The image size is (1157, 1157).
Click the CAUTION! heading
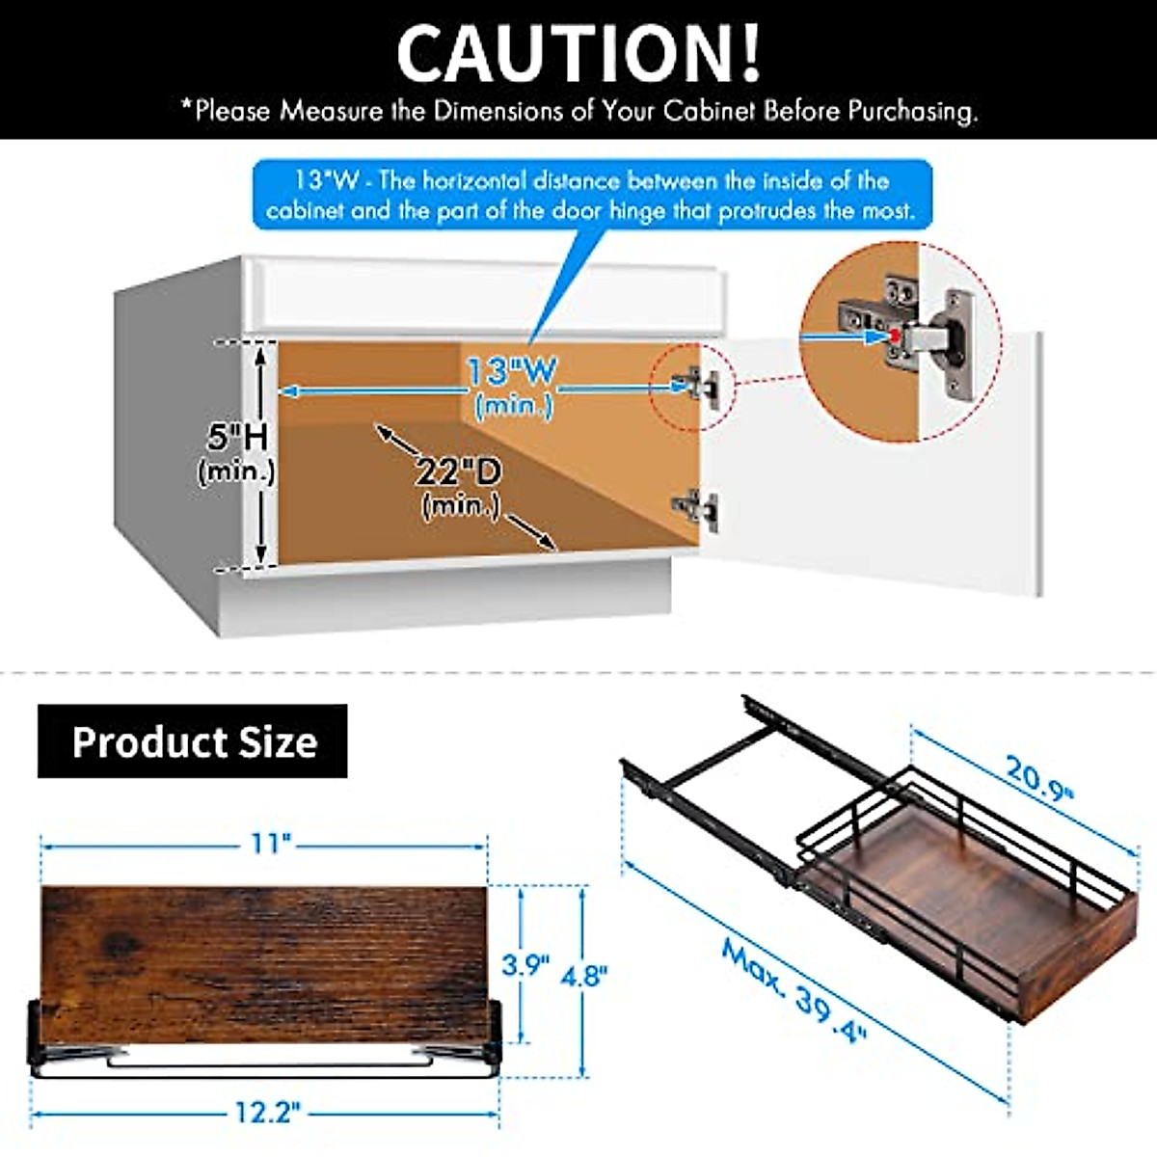coord(578,53)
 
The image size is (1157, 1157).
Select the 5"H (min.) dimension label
coord(237,452)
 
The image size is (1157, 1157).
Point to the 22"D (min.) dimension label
coord(460,486)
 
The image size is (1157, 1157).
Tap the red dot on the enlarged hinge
coord(896,336)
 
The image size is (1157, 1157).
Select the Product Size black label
coord(193,741)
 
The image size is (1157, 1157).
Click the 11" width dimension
coord(271,844)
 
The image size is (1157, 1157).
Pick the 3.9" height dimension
coord(525,964)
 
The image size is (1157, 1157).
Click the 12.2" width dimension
coord(268,1112)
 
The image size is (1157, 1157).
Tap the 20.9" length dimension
coord(1039,777)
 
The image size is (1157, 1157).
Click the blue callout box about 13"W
coord(592,195)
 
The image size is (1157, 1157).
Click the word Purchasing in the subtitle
coord(912,111)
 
